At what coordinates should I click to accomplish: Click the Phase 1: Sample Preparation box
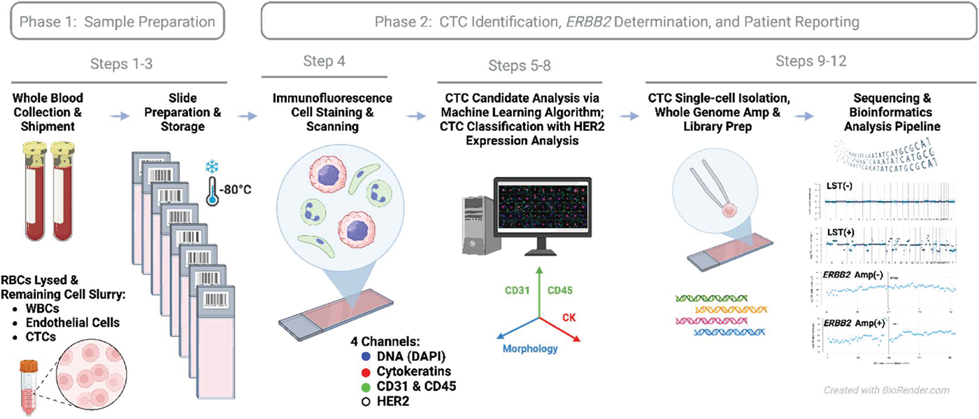point(117,22)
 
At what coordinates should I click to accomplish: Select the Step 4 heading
point(324,61)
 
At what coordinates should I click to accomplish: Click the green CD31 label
point(517,290)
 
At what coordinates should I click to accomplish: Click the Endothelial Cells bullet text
point(76,322)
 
